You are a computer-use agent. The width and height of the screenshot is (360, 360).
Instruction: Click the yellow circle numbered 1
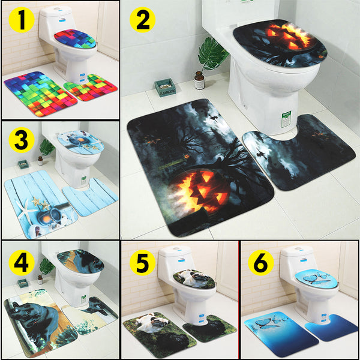22,21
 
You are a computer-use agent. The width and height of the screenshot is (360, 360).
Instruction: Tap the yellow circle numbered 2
142,20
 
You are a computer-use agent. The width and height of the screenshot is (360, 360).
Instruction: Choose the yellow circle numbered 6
262,262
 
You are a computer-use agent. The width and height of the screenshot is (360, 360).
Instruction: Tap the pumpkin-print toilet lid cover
279,42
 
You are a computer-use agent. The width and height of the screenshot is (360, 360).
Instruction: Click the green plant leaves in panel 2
213,54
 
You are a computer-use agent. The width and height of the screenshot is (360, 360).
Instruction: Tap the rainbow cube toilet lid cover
75,39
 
